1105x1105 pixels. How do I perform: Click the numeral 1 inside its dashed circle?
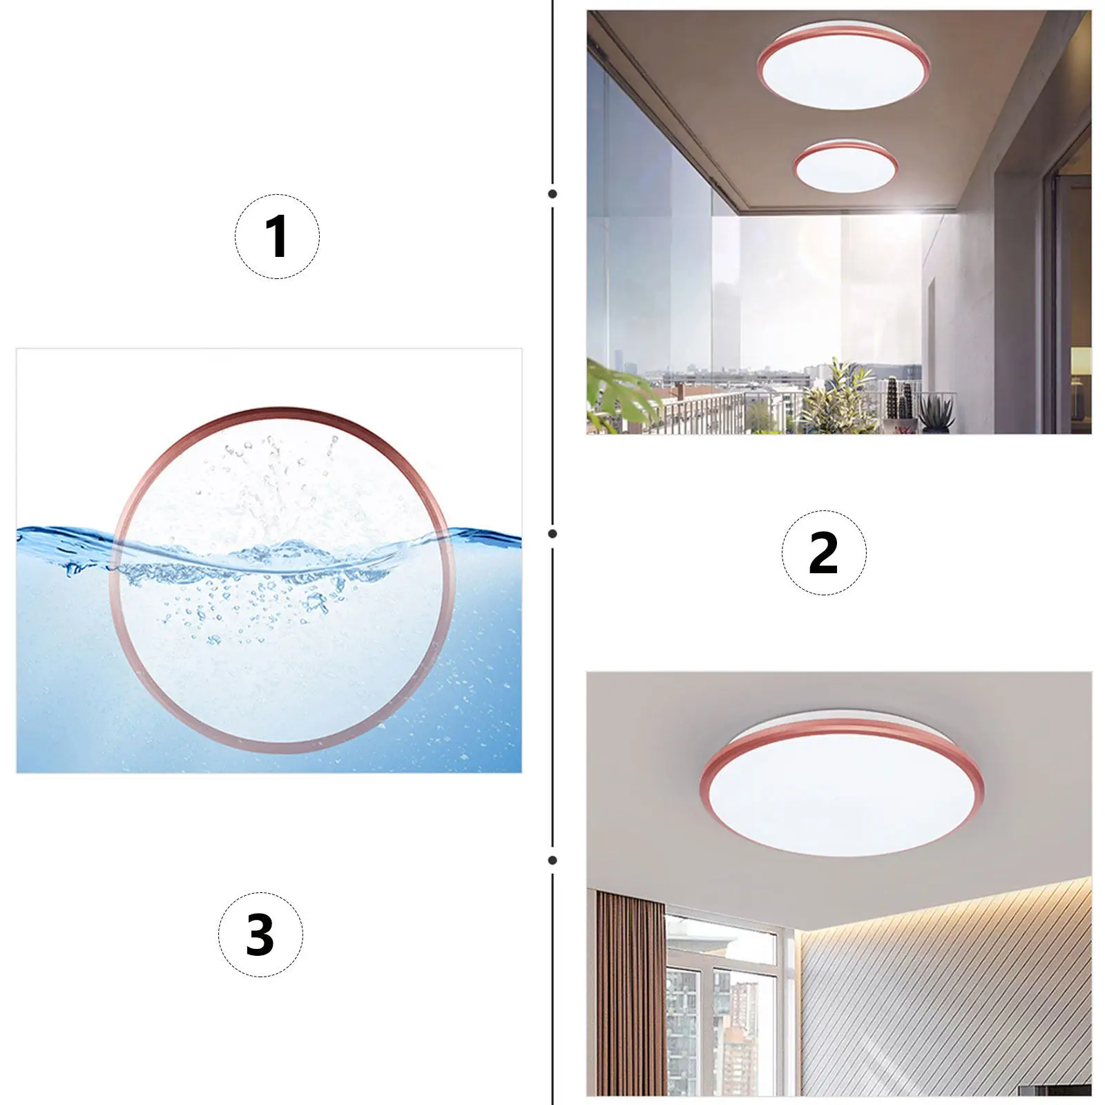coord(276,236)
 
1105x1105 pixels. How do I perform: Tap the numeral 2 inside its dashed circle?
coord(823,552)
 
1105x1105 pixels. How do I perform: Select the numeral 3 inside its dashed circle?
coord(260,934)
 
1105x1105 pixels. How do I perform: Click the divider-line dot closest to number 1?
coord(552,194)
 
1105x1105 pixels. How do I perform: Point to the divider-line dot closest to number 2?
coord(552,534)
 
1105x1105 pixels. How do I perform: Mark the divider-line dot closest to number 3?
coord(552,861)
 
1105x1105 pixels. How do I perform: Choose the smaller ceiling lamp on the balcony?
coord(845,166)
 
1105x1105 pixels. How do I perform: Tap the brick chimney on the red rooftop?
coord(680,391)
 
